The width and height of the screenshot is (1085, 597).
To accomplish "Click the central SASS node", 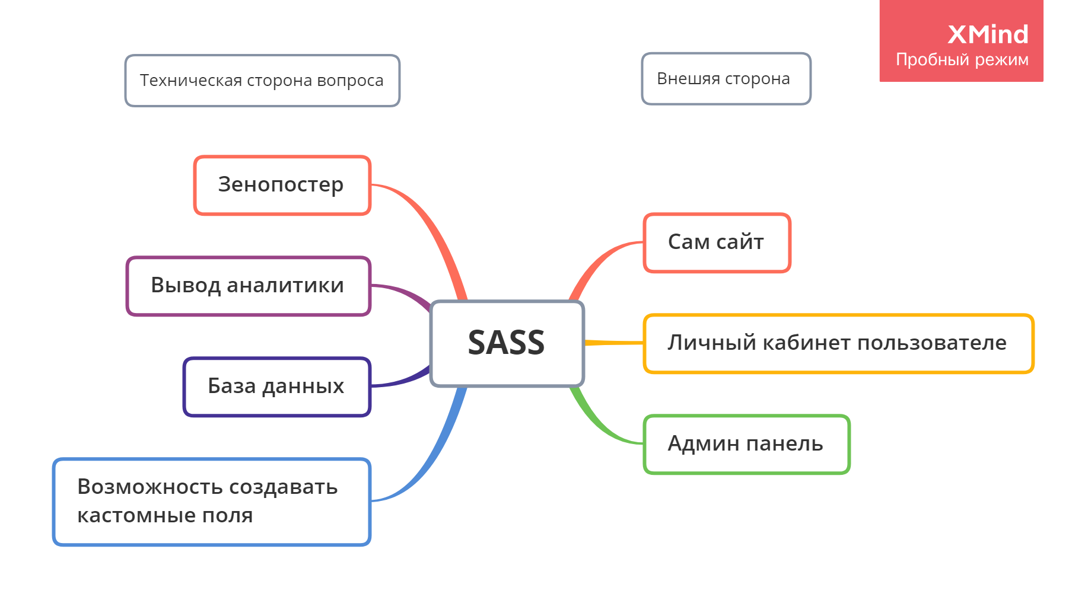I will click(507, 343).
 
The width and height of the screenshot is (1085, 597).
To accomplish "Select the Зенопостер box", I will click(282, 185).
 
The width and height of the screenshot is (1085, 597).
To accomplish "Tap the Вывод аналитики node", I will click(248, 286).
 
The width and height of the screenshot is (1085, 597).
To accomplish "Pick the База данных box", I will click(276, 387).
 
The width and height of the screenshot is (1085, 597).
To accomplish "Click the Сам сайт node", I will click(717, 242).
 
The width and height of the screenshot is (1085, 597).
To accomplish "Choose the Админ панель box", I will click(746, 444).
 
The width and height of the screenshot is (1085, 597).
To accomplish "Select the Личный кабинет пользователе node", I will click(838, 343).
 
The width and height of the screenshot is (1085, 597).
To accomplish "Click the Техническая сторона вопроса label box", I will click(262, 81).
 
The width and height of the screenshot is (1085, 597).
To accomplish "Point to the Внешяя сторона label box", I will click(725, 79).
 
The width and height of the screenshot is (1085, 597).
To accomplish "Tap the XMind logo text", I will click(988, 34).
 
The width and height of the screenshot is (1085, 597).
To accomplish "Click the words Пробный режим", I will click(962, 60).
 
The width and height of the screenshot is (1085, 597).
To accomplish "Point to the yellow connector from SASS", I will click(614, 343).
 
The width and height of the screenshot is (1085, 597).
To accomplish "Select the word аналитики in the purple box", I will click(285, 286).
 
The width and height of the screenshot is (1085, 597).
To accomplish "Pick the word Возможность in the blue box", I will click(149, 487).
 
